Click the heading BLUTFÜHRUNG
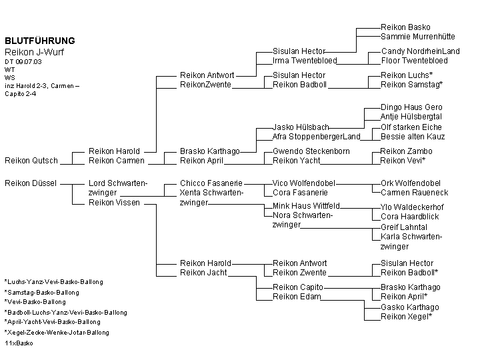point(40,41)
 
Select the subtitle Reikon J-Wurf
point(34,52)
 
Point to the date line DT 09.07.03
point(23,61)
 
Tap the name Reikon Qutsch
point(31,161)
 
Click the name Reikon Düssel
point(31,183)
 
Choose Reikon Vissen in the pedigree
point(114,203)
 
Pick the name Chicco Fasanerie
point(211,183)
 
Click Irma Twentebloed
point(305,60)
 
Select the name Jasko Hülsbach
point(301,127)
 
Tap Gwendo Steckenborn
point(311,151)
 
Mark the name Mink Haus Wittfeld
point(306,206)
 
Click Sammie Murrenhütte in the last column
point(418,37)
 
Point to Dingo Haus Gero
point(411,107)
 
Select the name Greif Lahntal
point(404,227)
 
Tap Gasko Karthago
point(410,307)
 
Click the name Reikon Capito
point(298,287)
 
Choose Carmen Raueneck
point(415,193)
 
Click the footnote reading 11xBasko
point(19,343)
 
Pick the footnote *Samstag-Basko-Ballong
point(42,293)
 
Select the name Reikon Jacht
point(203,273)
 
